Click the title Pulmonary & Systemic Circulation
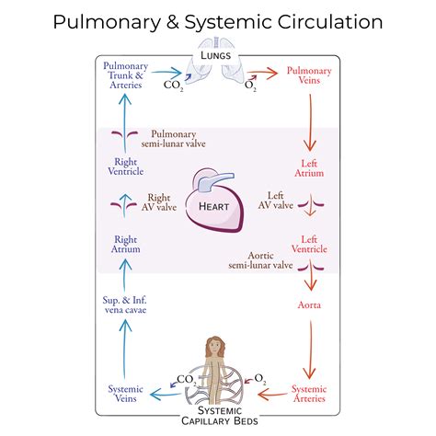pos(218,21)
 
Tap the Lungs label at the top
pos(218,56)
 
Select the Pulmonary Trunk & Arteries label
pos(124,75)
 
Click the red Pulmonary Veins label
pos(311,75)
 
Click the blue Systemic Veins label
pos(124,394)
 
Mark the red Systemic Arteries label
pos(309,394)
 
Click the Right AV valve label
pos(162,202)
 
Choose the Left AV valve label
pos(275,201)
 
